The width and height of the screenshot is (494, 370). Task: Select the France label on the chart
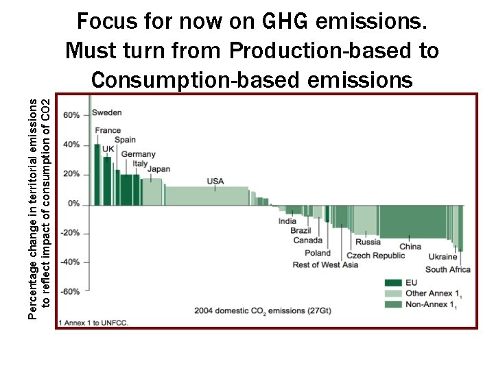(x=108, y=130)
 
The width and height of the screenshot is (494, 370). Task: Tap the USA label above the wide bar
(x=215, y=181)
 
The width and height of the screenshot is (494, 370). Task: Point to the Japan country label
(x=158, y=169)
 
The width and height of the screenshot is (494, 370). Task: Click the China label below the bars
(x=410, y=247)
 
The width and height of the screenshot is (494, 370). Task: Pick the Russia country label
(x=368, y=242)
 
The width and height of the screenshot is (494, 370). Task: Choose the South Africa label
(x=447, y=269)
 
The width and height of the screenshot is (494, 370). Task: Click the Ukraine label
(x=443, y=257)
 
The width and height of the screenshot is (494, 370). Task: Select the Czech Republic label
(x=376, y=256)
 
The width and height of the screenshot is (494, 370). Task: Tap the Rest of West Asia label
(x=325, y=265)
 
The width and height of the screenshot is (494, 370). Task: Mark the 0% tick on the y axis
(x=73, y=204)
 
